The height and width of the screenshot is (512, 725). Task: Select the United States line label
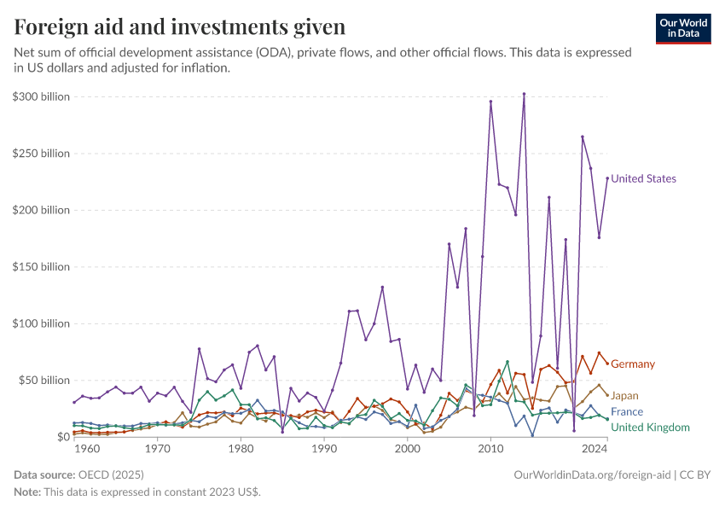643,179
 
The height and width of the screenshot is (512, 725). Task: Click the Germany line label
633,364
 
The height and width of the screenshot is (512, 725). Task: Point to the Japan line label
624,396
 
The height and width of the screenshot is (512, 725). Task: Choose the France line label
627,412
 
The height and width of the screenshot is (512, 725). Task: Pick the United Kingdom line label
650,428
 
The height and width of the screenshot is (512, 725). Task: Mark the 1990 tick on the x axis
324,448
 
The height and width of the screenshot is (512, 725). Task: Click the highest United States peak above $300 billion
524,94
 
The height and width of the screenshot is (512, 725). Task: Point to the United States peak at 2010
490,102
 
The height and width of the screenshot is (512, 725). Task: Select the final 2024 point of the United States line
607,178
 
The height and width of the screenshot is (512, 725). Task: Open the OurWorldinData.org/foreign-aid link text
593,474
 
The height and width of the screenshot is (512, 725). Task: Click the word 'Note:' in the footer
27,492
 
